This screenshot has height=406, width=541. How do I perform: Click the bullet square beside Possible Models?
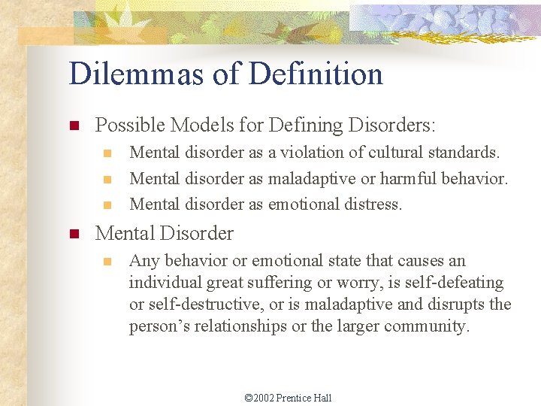[74, 126]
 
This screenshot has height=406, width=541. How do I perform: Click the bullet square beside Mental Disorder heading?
[74, 234]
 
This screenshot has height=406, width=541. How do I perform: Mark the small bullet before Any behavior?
[107, 262]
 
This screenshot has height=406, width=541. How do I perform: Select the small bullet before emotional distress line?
[107, 205]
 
